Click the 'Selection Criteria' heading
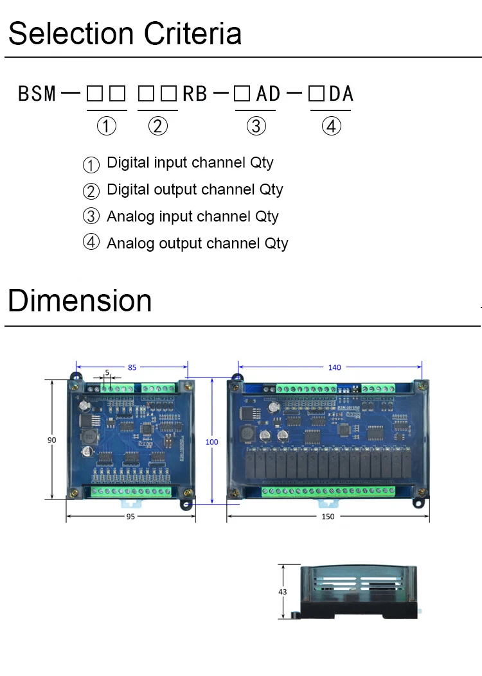click(125, 33)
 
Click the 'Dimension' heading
click(80, 300)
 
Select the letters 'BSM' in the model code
click(37, 94)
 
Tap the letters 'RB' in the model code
click(195, 94)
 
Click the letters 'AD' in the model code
click(268, 94)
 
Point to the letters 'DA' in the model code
click(341, 94)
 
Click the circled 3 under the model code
click(256, 126)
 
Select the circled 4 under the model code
click(331, 126)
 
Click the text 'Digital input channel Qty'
click(190, 162)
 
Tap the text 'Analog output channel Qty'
click(197, 243)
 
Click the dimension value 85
click(132, 368)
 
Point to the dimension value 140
click(334, 368)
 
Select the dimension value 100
click(211, 442)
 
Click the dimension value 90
click(51, 440)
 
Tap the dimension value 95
click(131, 517)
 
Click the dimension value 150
click(328, 517)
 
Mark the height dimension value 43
click(283, 592)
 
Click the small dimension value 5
click(107, 371)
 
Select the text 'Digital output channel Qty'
click(194, 189)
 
